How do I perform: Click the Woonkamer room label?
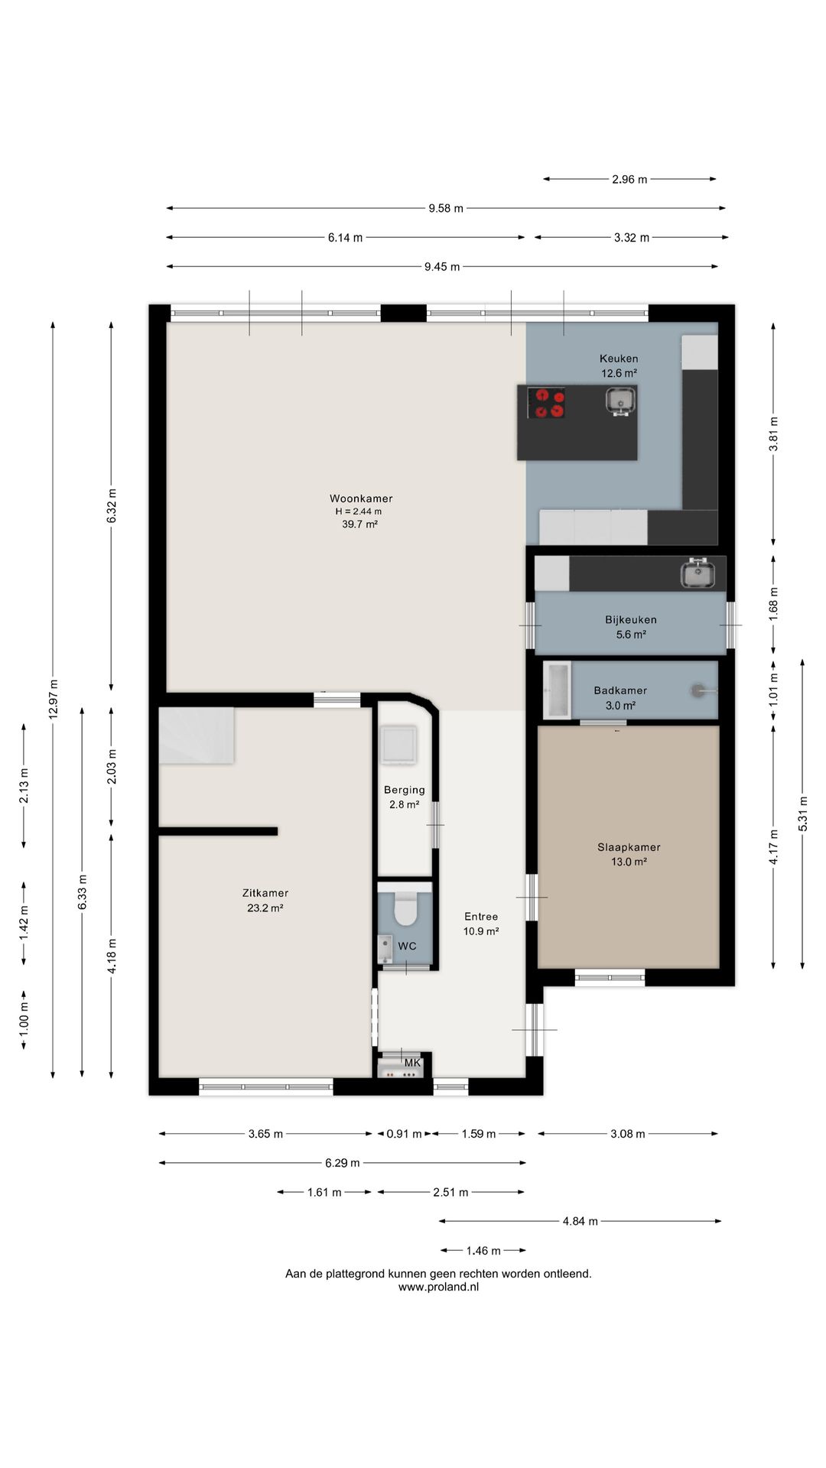coord(361,499)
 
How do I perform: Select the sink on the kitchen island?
coord(620,400)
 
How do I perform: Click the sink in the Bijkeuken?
coord(698,573)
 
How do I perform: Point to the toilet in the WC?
coord(405,908)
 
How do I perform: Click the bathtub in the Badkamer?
coord(557,690)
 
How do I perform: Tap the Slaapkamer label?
coord(629,847)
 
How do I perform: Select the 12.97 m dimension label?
coord(53,699)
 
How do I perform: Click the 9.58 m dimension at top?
coord(446,208)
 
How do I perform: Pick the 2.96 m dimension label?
coord(629,180)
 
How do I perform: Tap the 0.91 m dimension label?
coord(404,1134)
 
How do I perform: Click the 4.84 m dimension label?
coord(580,1221)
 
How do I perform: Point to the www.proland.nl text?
coord(438,1287)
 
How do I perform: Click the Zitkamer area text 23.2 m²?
coord(265,908)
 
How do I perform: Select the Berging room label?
coord(405,790)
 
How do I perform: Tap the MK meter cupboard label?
coord(412,1063)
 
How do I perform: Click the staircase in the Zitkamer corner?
coord(196,735)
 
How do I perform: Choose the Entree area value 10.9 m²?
coord(481,931)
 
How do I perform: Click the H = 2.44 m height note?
coord(359,512)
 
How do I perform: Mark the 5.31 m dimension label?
coord(802,814)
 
